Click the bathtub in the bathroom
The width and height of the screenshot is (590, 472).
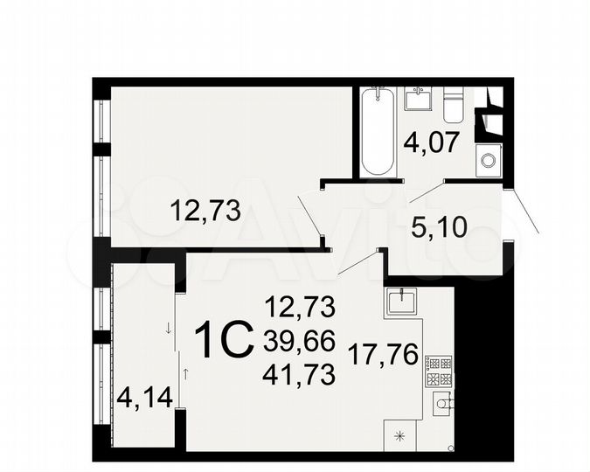coord(378,131)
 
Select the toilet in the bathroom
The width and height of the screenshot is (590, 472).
coord(453,104)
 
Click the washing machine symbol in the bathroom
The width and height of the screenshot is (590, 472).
coord(488,160)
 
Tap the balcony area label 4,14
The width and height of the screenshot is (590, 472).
coord(144,404)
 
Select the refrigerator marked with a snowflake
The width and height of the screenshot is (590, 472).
coord(401,435)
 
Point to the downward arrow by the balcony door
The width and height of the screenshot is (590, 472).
coord(167,330)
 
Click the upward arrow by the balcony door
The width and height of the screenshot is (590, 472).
coord(184,373)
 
